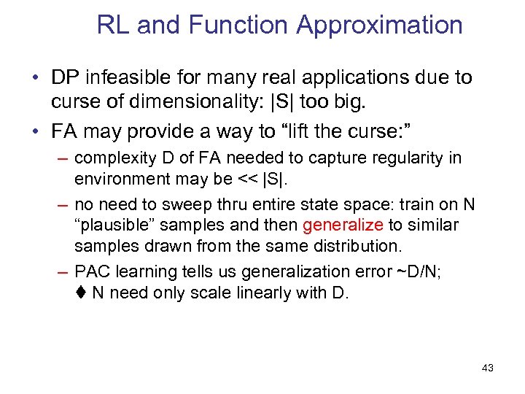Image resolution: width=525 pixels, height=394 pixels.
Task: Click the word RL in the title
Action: click(x=114, y=26)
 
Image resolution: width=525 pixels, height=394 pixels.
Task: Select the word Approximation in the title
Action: click(x=379, y=26)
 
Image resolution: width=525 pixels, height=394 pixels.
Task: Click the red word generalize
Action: click(x=343, y=225)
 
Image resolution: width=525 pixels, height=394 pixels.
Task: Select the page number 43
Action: click(x=488, y=368)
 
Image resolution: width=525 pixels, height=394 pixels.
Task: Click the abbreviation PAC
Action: click(x=91, y=271)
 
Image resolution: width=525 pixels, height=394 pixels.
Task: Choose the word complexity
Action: click(x=113, y=158)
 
